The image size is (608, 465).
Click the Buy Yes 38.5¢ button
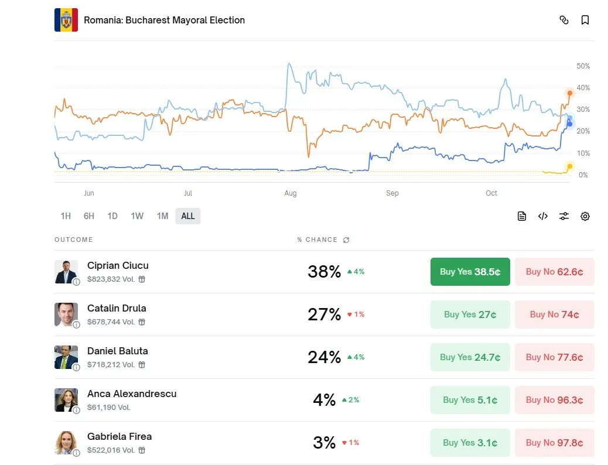point(470,272)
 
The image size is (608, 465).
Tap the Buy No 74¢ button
point(554,314)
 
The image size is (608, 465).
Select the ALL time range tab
point(188,216)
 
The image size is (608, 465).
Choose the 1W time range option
point(137,216)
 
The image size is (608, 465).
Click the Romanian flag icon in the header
point(66,20)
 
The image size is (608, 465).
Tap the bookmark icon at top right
point(585,20)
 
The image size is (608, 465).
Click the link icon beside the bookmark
point(564,20)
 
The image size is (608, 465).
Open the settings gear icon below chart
point(585,216)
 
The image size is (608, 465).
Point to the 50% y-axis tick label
point(583,66)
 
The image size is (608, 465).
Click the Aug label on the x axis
point(291,193)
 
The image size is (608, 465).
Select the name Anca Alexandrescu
point(132,394)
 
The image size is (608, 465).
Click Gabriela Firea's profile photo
point(66,443)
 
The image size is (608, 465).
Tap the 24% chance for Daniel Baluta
point(324,357)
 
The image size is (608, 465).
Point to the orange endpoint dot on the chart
point(570,93)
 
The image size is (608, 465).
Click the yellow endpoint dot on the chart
point(570,167)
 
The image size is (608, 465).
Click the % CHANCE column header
point(317,240)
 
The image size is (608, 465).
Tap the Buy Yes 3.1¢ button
point(470,443)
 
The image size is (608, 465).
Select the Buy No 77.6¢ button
point(554,357)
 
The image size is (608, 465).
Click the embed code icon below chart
point(543,216)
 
